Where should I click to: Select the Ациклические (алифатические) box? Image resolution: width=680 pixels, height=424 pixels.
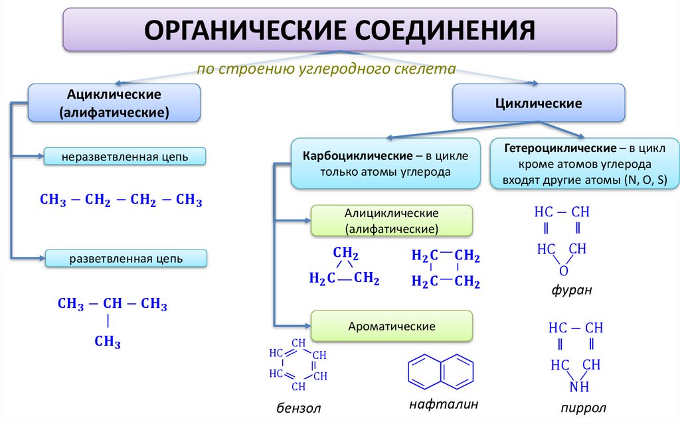point(114,103)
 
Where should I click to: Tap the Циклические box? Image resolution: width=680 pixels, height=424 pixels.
point(539,104)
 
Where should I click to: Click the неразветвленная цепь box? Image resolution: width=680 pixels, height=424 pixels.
point(125,157)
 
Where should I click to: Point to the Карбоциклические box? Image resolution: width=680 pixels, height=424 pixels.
point(386,163)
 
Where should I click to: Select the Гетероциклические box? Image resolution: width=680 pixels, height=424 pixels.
point(584,163)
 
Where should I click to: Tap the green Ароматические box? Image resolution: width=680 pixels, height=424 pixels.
point(392,326)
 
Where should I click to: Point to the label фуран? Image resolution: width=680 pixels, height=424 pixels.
point(570,291)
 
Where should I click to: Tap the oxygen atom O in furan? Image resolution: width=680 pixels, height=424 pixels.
point(563,271)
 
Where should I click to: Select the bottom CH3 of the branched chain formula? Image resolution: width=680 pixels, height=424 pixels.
point(108,342)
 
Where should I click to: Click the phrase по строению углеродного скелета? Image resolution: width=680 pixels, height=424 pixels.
point(326,68)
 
